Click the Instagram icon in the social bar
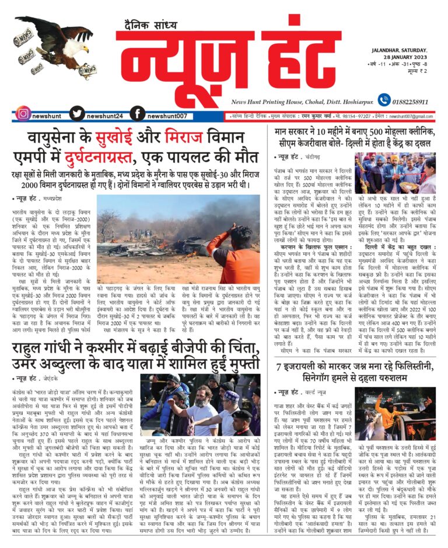[23, 114]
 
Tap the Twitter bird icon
[77, 114]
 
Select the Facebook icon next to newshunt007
[137, 114]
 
